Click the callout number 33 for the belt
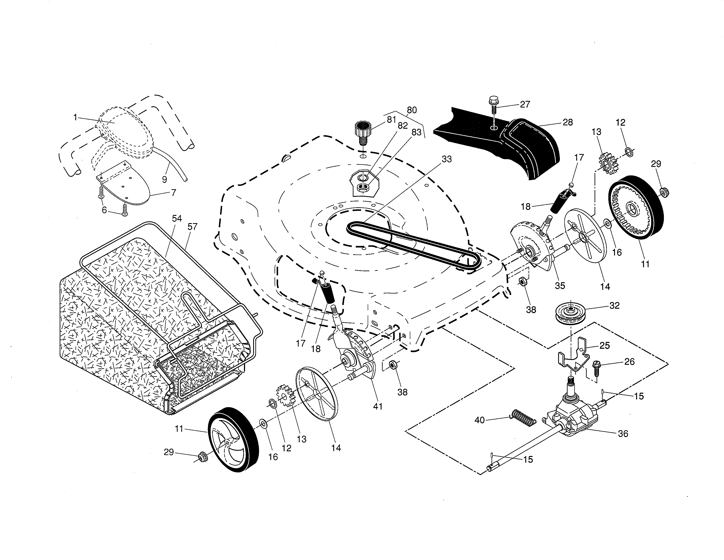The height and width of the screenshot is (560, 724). click(446, 159)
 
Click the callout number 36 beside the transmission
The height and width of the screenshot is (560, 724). click(623, 434)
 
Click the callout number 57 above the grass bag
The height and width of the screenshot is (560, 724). click(192, 227)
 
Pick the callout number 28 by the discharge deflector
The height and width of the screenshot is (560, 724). click(568, 122)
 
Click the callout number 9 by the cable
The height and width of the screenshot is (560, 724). click(164, 179)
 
